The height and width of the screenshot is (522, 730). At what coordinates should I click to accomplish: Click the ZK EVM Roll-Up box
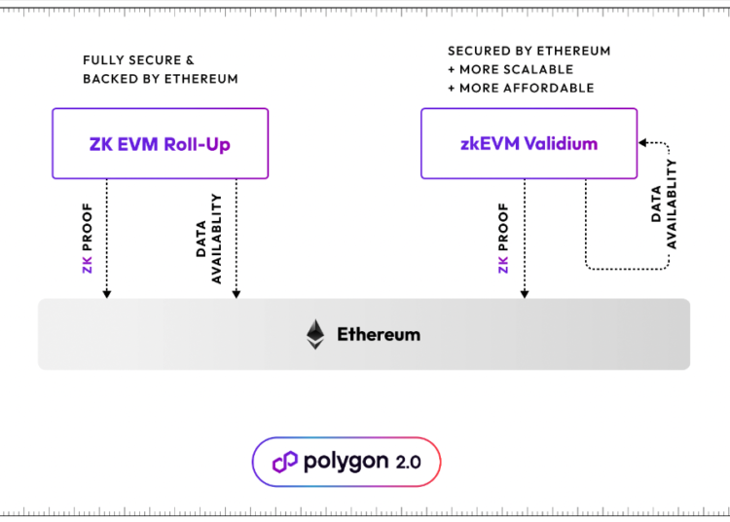coord(160,143)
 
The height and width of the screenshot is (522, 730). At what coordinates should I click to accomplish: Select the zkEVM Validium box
coord(528,143)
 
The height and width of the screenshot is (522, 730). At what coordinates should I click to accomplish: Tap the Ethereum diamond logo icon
coord(314,334)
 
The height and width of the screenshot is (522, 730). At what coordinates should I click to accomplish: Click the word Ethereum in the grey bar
coord(379,334)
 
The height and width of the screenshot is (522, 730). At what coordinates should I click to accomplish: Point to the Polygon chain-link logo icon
coord(284,462)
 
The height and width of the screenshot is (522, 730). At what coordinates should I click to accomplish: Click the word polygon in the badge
coord(345,462)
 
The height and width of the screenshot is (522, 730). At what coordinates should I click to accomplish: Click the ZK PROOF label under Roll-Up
coord(87,238)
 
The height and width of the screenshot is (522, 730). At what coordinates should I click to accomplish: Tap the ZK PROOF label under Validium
coord(503,238)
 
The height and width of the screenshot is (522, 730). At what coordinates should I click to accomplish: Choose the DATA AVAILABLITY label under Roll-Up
coord(208,239)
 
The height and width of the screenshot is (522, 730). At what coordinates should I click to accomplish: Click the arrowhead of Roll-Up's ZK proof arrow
coord(107,292)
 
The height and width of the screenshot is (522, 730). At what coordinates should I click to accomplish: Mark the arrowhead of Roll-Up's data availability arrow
coord(237,292)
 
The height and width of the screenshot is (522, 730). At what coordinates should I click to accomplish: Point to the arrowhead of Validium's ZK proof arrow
coord(524,292)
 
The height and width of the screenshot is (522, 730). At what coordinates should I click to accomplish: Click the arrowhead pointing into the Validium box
coord(643,143)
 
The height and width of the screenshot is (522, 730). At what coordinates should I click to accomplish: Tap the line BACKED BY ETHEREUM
coord(161,78)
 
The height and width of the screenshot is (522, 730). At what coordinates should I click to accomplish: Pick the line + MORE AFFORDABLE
coord(521,88)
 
